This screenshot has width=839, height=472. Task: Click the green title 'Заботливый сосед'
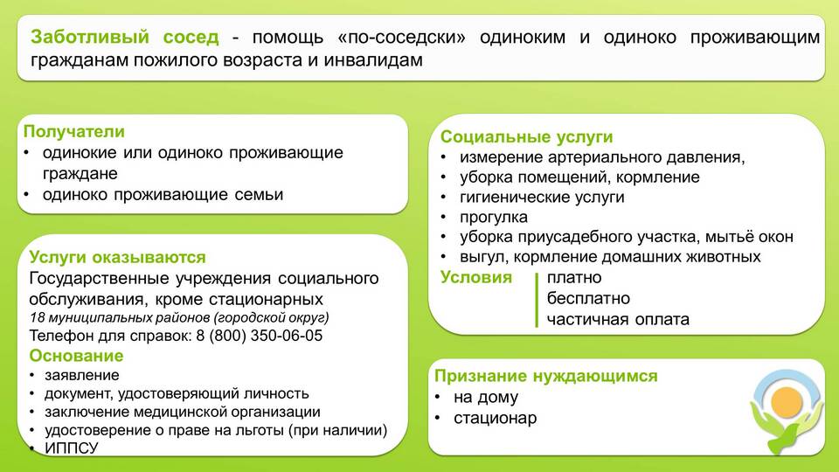[125, 37]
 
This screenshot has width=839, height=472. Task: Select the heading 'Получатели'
[73, 132]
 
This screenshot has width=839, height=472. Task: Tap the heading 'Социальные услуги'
[526, 137]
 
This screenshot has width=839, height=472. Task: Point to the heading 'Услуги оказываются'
[117, 257]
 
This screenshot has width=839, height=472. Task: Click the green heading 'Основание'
[76, 356]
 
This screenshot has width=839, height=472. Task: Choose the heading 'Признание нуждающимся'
[545, 376]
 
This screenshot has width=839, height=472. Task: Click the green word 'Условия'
[476, 278]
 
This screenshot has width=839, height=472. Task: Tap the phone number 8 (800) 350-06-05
[260, 336]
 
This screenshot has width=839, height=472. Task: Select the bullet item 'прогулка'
[493, 218]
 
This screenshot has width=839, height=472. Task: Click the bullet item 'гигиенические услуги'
[542, 198]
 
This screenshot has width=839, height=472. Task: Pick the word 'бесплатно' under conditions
[588, 299]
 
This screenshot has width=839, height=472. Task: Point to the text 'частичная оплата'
[618, 320]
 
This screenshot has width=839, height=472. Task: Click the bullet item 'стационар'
[495, 419]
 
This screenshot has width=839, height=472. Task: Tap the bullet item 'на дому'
[486, 398]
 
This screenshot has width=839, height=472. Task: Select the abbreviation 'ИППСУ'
[72, 448]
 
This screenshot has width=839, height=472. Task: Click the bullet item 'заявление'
[82, 375]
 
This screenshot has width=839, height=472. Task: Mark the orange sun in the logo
[787, 402]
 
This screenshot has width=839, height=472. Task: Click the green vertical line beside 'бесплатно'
[536, 300]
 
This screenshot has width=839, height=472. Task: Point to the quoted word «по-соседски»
[402, 38]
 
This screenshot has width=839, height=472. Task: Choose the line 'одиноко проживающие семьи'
[163, 195]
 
